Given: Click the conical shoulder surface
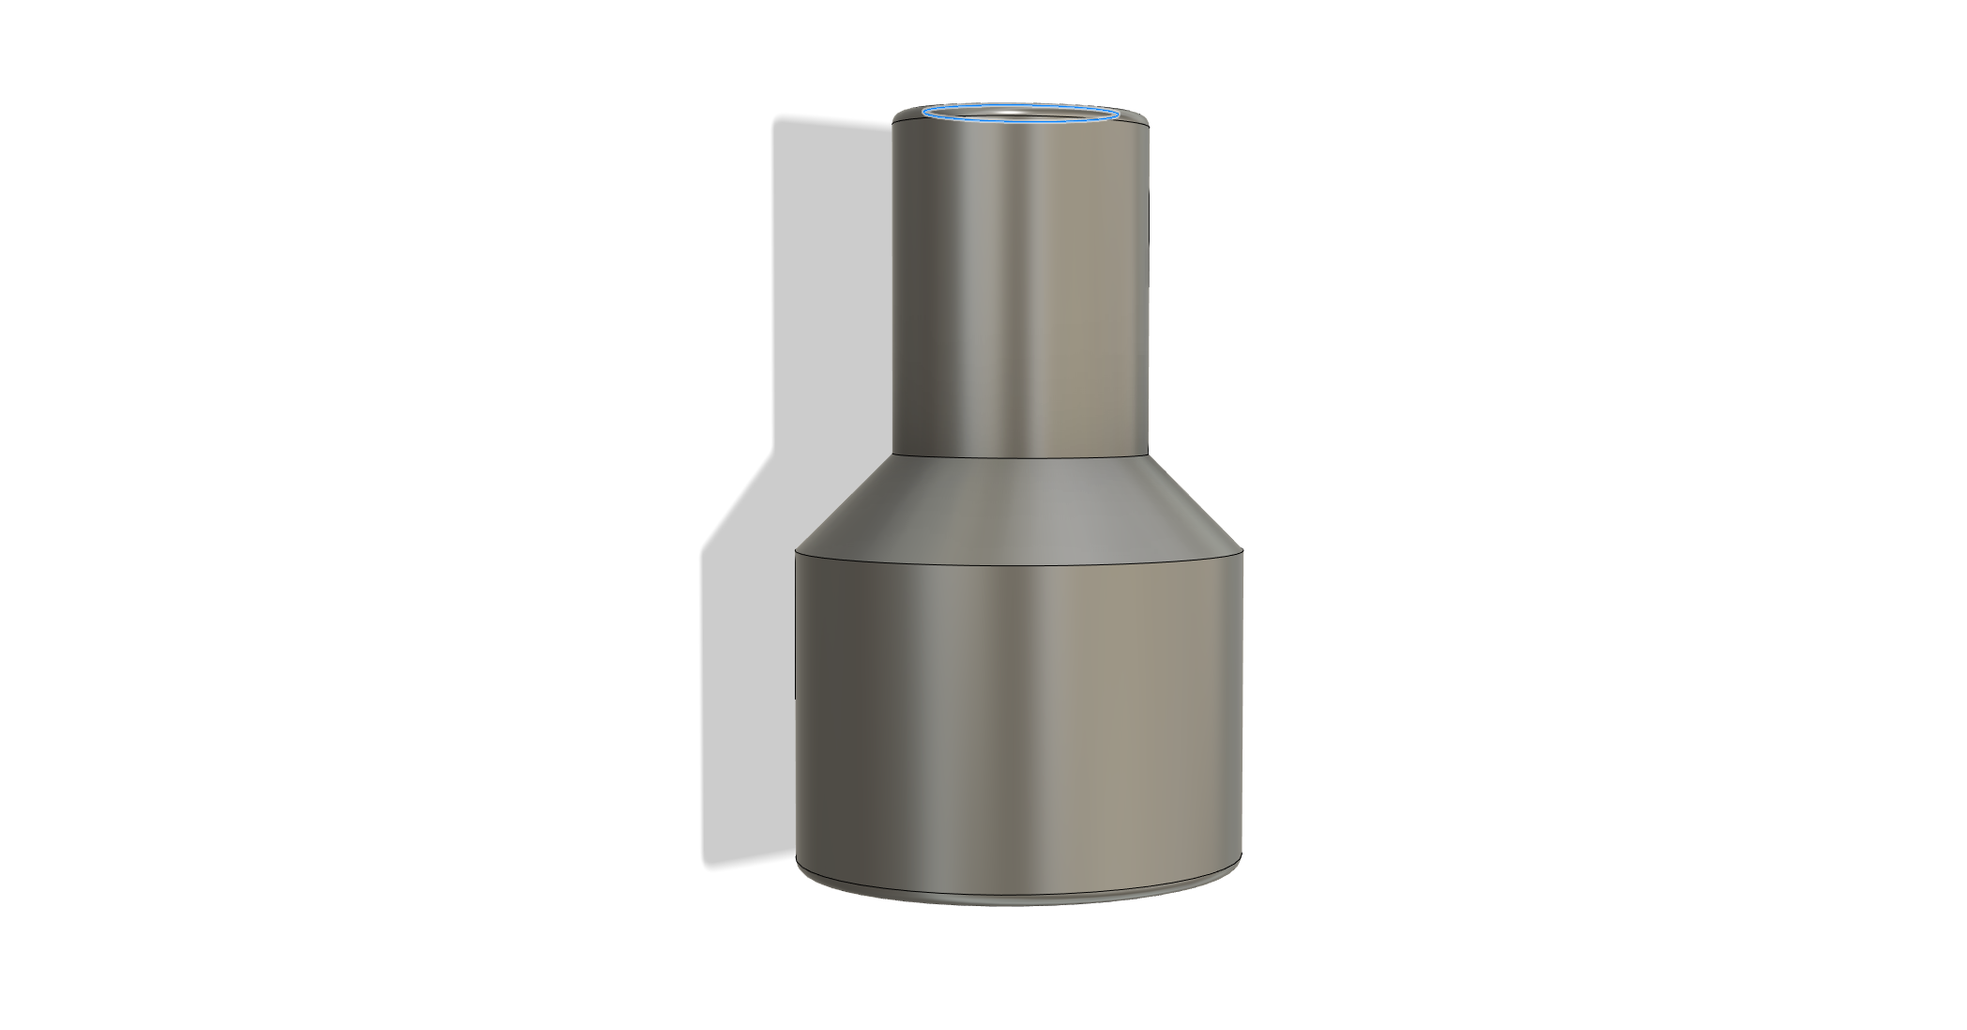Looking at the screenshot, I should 1020,507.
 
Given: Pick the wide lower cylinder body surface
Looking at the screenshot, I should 1020,714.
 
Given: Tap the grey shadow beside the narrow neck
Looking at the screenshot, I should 831,282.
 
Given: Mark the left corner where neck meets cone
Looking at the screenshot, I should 892,454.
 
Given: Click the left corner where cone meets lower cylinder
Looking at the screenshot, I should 796,551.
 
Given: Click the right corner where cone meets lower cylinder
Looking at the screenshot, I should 1243,551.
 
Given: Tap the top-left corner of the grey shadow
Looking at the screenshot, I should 775,120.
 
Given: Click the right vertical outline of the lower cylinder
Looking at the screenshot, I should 1243,704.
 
